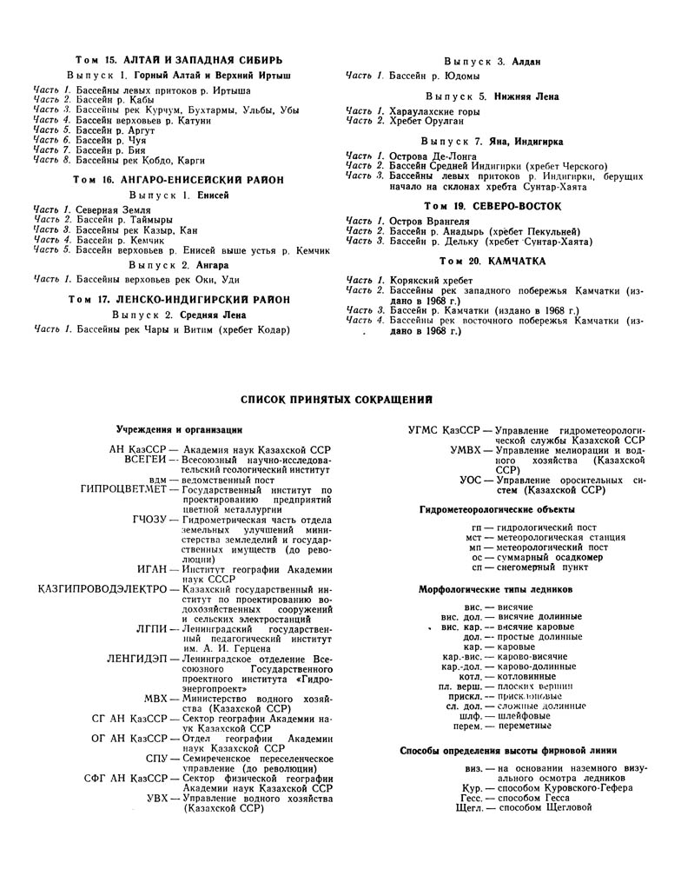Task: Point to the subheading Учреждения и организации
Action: pos(179,429)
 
